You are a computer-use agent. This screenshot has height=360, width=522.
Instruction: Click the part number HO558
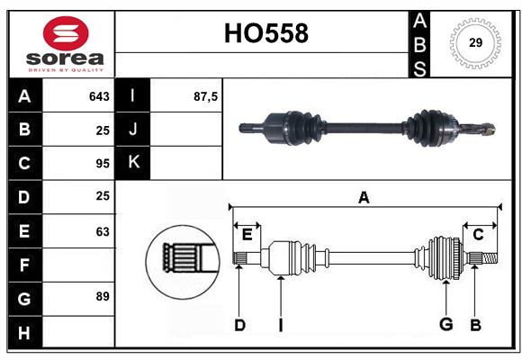[265, 33]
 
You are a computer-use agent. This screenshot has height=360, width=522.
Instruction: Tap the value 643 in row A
[99, 95]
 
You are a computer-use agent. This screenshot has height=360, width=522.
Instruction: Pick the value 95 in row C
[102, 164]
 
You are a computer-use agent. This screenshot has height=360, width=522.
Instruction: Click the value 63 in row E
[102, 231]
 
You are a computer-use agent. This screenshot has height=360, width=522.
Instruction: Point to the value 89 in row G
[102, 295]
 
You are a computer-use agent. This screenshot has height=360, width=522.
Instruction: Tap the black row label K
[133, 163]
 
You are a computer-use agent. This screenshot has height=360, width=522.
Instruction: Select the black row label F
[24, 265]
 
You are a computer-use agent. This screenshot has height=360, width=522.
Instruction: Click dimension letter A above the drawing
[364, 198]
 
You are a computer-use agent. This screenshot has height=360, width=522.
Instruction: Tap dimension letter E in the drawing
[247, 235]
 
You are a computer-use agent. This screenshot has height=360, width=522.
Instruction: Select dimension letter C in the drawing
[478, 235]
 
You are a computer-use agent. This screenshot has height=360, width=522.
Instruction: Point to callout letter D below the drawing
[239, 325]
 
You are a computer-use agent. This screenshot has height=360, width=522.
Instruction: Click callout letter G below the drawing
[445, 325]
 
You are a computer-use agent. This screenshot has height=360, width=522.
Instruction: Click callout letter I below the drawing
[280, 325]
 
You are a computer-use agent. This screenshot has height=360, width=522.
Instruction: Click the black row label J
[133, 130]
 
